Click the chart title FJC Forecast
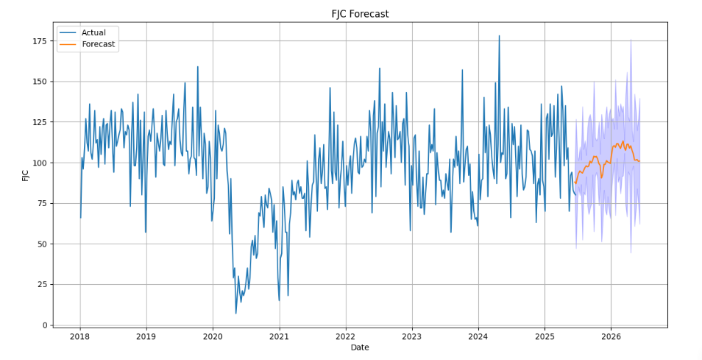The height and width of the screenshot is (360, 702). (x=360, y=14)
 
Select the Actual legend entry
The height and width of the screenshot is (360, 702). (x=93, y=32)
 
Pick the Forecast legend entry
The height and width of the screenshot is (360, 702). (x=99, y=44)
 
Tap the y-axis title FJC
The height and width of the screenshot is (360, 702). (x=26, y=175)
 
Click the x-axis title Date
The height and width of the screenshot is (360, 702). (x=360, y=347)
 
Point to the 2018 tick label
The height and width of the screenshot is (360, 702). (x=80, y=336)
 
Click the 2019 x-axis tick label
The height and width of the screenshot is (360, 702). (x=146, y=336)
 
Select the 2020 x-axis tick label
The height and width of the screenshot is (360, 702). (x=213, y=336)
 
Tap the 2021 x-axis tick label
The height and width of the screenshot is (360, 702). (x=279, y=336)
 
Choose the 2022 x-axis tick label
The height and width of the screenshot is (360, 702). (x=345, y=336)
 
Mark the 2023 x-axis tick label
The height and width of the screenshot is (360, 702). (x=412, y=336)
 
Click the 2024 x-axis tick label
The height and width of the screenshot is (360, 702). (x=478, y=336)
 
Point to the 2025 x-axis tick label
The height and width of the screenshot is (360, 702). (x=545, y=336)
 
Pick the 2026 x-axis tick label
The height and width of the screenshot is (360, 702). (x=611, y=336)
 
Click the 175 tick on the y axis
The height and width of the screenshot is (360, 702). (x=38, y=41)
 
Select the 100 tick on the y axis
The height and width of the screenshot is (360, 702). (x=38, y=163)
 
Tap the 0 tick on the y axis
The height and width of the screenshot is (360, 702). (x=43, y=325)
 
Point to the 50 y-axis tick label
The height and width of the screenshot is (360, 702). (x=41, y=244)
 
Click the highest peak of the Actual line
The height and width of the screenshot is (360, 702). (x=499, y=35)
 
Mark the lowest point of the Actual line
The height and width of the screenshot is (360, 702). (x=236, y=314)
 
